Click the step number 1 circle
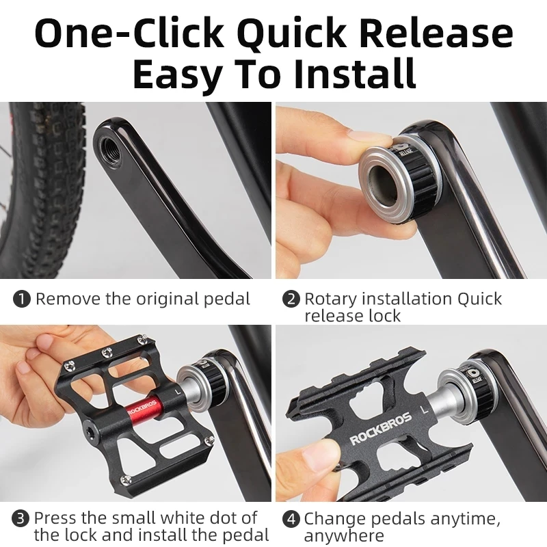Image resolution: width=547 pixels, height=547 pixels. pos(23,299)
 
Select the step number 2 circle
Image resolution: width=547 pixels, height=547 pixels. pos(292,299)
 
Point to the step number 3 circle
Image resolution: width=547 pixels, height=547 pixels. pos(23,518)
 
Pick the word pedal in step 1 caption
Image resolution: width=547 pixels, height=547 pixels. pos(227,299)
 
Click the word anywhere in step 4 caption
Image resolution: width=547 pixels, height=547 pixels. pos(344,535)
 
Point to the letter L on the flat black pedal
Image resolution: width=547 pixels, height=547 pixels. pos(425,410)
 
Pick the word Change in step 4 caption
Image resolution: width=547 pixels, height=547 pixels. pos(335,518)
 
